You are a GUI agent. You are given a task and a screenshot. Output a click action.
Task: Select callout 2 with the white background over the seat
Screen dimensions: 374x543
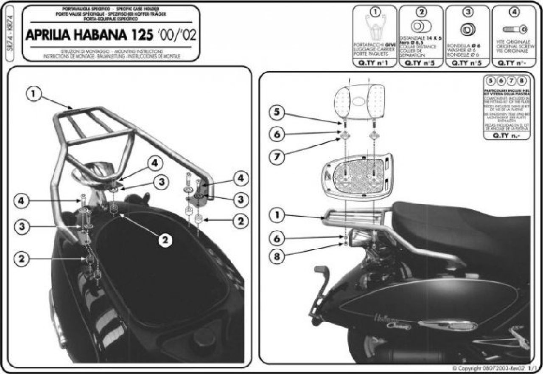[x=165, y=240]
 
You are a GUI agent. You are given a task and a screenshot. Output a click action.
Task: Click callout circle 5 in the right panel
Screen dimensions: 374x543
[x=277, y=113]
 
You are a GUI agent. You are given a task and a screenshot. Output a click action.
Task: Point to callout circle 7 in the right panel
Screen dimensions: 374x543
[x=277, y=157]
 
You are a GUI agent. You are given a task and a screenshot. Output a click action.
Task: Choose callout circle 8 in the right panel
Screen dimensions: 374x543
[x=277, y=256]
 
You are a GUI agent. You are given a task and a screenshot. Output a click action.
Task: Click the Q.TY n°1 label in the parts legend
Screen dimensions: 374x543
[x=375, y=64]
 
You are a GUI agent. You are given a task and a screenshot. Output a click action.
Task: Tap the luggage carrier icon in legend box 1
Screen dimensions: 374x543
[x=375, y=29]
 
